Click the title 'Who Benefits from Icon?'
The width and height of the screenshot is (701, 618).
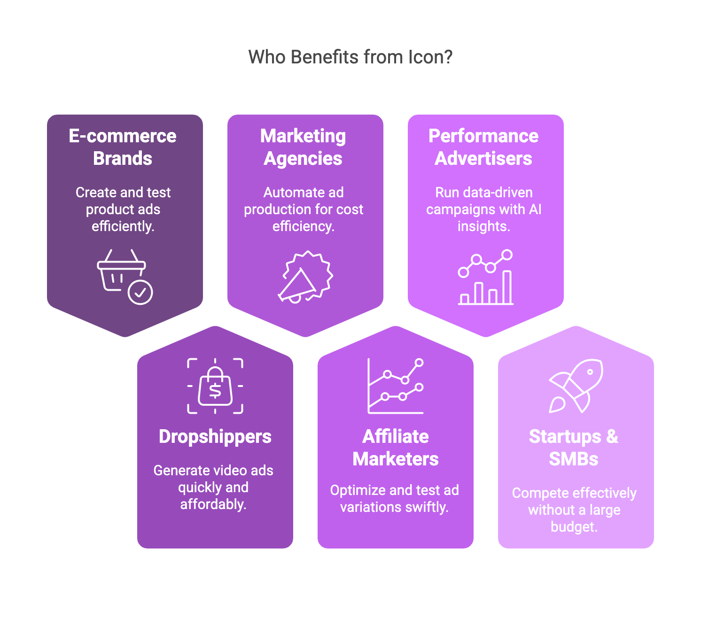350,57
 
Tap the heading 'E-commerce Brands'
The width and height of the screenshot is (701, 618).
123,147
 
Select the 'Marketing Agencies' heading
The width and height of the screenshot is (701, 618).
303,147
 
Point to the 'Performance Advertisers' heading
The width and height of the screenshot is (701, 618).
483,147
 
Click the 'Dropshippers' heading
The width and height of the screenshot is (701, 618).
215,437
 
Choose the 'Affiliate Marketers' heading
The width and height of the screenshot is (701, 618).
396,448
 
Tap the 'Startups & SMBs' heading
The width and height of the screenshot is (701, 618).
574,448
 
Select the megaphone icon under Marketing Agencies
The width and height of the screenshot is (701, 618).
305,277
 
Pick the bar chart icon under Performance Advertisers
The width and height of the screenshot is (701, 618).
485,277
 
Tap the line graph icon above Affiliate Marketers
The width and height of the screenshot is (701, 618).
396,386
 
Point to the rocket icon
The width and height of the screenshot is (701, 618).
576,386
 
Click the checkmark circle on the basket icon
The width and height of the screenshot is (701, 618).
140,293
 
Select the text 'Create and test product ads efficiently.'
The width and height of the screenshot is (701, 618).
123,209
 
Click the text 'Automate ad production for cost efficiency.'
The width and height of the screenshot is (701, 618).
304,209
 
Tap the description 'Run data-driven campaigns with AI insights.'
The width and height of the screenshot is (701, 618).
484,209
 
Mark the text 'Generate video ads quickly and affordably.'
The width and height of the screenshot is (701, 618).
213,487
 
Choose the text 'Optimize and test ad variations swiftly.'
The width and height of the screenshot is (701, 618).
395,499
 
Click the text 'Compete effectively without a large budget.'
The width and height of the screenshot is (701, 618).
574,510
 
